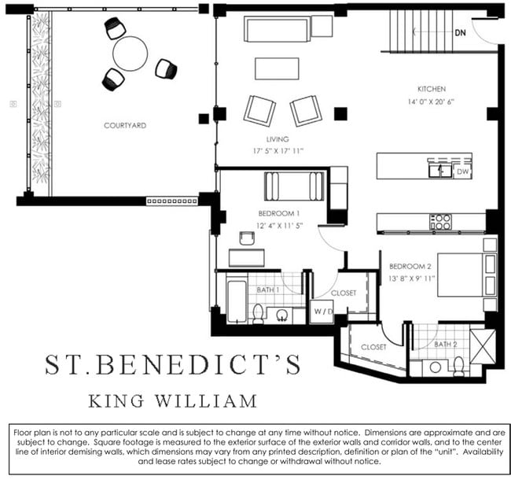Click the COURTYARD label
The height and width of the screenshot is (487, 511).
[125, 125]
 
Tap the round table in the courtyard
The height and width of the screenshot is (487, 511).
[130, 54]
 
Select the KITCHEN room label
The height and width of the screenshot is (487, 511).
[432, 90]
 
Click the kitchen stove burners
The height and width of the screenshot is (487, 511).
[440, 222]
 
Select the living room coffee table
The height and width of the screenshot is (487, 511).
[276, 68]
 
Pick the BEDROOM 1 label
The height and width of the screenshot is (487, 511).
[279, 213]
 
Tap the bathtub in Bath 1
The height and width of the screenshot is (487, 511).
[237, 300]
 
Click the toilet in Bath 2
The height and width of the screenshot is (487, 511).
[458, 366]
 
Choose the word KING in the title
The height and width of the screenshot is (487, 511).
[119, 401]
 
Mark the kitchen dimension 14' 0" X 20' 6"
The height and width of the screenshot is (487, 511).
[432, 102]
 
